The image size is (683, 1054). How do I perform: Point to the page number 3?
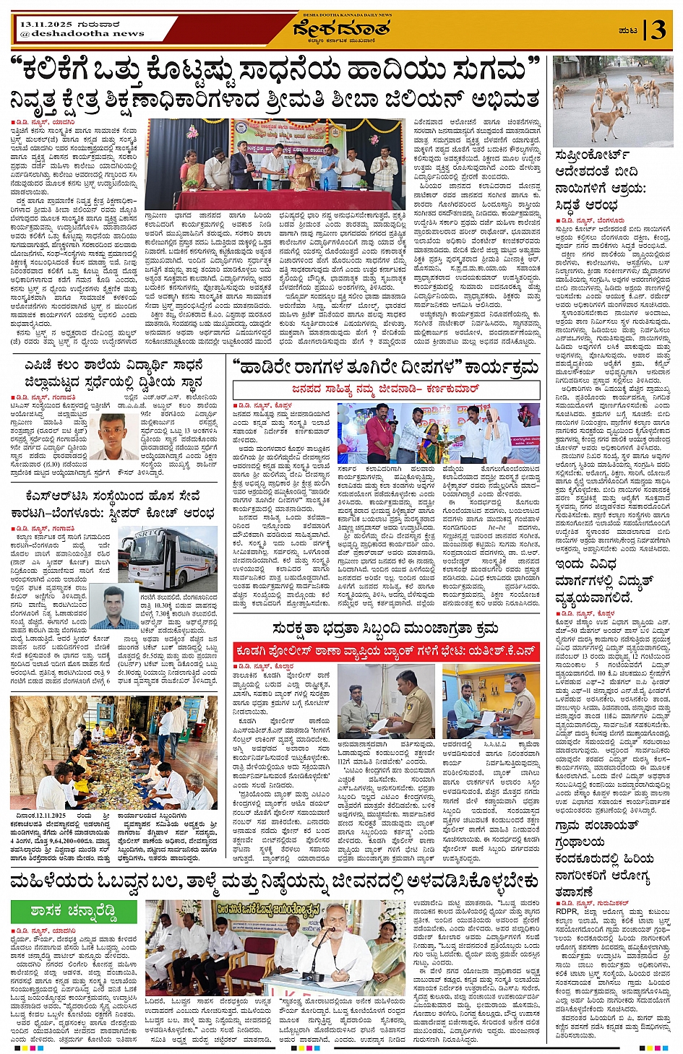pos(658,30)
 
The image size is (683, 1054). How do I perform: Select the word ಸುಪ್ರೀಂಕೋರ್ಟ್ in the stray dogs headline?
pos(591,155)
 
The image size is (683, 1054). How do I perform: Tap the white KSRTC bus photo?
pos(168,558)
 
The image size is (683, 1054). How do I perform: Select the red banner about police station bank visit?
pos(385,651)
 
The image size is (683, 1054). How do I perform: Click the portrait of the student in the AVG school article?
pos(117,436)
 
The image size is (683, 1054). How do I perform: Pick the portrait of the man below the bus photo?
pos(116,607)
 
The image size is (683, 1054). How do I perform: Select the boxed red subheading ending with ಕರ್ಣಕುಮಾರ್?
pos(386,389)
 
